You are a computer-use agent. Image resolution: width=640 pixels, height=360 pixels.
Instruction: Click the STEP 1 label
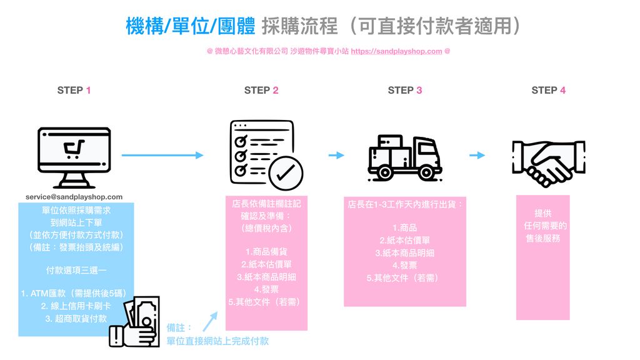(x=74, y=90)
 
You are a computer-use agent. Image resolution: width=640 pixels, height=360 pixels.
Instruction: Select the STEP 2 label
(x=261, y=90)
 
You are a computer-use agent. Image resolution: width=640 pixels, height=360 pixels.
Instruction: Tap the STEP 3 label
(x=404, y=90)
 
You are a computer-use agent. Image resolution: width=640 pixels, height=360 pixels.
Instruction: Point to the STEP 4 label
(x=548, y=90)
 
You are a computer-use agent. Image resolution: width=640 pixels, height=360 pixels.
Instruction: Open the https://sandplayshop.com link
(x=396, y=51)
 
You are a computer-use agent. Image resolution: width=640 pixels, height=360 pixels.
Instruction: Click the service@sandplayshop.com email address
(x=74, y=197)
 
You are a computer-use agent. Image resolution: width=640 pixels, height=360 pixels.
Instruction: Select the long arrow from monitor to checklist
(x=162, y=155)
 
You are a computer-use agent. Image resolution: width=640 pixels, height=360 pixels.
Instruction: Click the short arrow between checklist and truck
(x=336, y=155)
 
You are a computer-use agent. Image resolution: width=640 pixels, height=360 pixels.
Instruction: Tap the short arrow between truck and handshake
(x=477, y=155)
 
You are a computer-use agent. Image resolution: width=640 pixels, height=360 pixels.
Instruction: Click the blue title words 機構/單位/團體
(x=190, y=27)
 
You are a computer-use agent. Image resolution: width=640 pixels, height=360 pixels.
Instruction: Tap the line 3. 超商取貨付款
(x=76, y=319)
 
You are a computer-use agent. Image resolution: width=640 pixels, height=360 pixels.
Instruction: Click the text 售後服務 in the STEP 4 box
(x=542, y=238)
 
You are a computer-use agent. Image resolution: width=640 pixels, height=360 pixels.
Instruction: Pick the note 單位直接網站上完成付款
(x=217, y=341)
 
